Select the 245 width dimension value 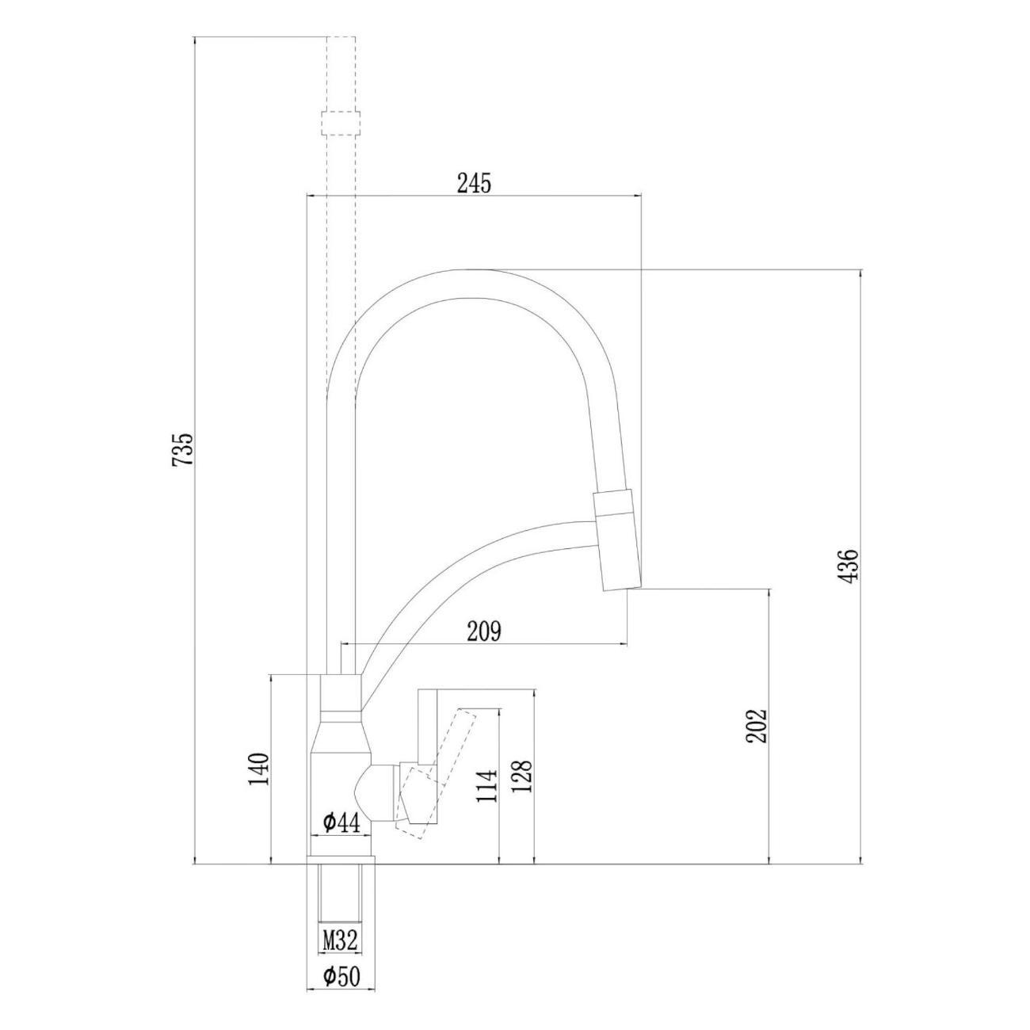pyautogui.click(x=474, y=183)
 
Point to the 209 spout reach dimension pyautogui.click(x=484, y=631)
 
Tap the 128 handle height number pyautogui.click(x=523, y=784)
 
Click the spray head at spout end pyautogui.click(x=617, y=541)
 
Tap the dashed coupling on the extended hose pyautogui.click(x=341, y=124)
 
